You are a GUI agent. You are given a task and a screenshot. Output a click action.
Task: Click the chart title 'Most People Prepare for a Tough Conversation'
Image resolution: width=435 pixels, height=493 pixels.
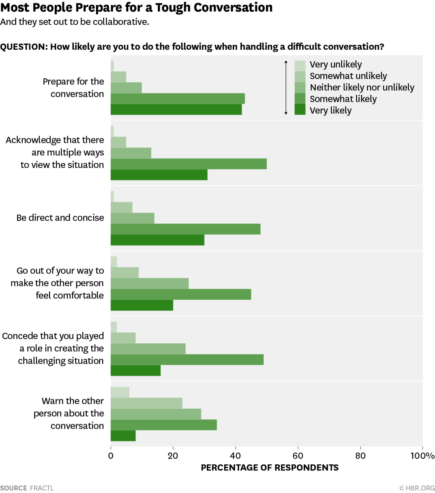[136, 8]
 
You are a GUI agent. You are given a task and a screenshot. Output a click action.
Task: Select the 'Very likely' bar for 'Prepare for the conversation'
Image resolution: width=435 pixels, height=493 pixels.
[176, 110]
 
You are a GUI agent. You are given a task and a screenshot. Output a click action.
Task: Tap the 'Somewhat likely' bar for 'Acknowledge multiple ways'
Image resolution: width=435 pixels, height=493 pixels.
[188, 164]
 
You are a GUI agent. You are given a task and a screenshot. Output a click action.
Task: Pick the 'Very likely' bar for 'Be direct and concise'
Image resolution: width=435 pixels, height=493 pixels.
[157, 240]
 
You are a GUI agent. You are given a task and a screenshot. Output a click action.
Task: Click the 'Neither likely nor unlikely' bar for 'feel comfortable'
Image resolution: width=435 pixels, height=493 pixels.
[149, 284]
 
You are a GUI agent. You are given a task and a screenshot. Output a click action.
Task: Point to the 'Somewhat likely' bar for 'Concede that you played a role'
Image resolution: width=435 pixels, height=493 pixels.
[187, 360]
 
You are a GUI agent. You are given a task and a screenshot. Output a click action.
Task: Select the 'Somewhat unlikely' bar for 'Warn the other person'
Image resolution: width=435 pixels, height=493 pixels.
[146, 403]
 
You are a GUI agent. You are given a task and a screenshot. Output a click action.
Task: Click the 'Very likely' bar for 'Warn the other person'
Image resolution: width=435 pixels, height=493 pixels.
[123, 436]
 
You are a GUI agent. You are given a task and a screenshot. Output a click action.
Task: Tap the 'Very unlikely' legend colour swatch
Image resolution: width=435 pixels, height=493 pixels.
[300, 65]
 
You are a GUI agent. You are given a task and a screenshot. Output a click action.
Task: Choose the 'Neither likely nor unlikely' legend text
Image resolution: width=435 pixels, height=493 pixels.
[362, 87]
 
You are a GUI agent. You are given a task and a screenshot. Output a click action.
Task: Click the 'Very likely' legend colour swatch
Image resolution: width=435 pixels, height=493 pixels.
[300, 110]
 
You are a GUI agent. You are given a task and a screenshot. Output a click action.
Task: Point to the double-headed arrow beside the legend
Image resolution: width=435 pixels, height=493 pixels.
[286, 87]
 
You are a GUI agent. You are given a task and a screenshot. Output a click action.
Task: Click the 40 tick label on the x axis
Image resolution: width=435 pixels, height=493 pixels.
[235, 456]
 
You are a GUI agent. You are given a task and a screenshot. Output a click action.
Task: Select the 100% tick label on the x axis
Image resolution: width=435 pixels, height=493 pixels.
[422, 456]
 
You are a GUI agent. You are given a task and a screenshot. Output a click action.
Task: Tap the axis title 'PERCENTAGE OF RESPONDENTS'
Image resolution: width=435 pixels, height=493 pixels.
[270, 468]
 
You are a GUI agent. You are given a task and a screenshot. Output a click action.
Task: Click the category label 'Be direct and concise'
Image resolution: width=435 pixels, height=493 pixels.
[60, 218]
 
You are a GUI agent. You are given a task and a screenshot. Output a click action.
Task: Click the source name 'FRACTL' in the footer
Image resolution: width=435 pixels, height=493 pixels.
[42, 488]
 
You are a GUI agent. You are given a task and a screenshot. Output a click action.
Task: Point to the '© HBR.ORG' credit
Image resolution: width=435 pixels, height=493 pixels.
[417, 488]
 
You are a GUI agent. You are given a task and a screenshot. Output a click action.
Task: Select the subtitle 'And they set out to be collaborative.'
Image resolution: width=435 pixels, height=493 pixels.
[75, 22]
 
